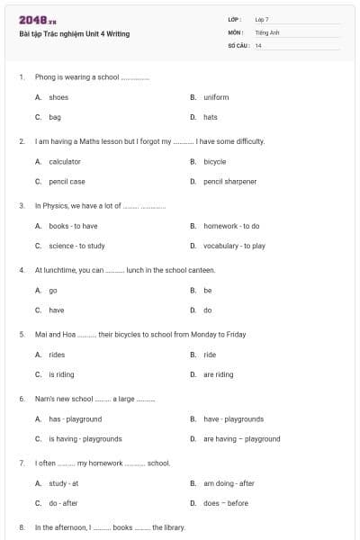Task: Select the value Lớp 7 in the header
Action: click(262, 19)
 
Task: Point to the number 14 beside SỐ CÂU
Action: click(258, 45)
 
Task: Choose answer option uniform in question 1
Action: click(216, 97)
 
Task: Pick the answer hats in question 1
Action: click(211, 117)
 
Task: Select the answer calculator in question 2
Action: click(65, 162)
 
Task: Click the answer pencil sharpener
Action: click(229, 182)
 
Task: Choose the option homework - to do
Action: click(231, 226)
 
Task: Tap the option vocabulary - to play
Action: click(234, 246)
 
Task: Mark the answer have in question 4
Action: click(56, 310)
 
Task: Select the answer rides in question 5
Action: click(57, 355)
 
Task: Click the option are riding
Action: click(218, 374)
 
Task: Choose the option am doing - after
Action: click(229, 483)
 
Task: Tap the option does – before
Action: click(226, 503)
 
